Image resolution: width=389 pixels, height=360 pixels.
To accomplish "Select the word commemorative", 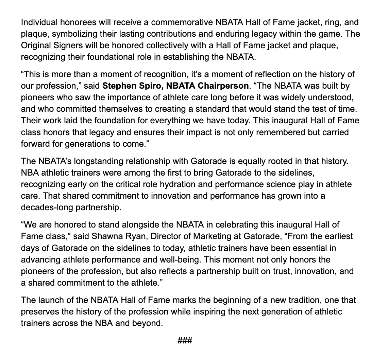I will coord(183,23).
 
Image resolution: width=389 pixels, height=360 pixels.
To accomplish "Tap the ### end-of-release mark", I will coord(185,340).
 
